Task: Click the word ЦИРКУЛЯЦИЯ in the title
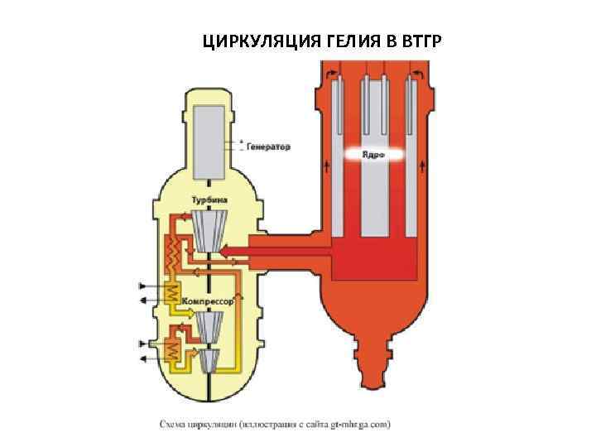tap(253, 41)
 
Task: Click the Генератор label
tap(267, 147)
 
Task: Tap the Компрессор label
tap(209, 301)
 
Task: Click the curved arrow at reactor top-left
tap(333, 74)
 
